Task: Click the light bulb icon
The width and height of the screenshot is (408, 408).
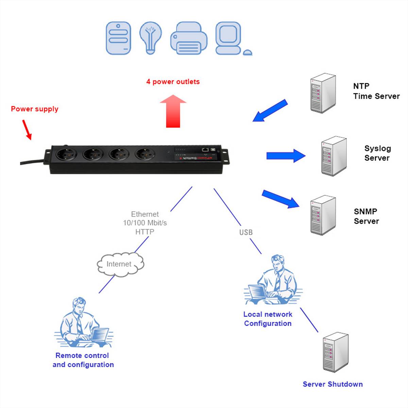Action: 150,37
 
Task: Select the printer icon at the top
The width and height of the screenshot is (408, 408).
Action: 189,38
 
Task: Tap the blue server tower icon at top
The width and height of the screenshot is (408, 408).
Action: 118,38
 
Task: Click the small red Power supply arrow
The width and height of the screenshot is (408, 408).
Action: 27,130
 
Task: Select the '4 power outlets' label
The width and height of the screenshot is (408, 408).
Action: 173,82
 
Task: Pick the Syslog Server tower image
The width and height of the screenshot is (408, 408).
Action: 334,156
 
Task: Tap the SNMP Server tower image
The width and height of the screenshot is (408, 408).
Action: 323,215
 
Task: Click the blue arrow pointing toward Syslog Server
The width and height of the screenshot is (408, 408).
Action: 286,156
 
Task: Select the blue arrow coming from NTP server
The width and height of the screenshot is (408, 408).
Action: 270,111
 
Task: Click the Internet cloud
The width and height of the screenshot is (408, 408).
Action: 120,264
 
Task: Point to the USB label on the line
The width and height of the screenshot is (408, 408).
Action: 246,232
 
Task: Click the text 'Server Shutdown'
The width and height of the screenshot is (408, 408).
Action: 333,384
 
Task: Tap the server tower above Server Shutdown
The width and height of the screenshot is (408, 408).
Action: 335,352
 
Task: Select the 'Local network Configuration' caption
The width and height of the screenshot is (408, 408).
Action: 268,319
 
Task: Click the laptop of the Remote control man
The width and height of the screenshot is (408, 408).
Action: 100,335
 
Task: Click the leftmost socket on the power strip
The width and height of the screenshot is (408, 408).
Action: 66,155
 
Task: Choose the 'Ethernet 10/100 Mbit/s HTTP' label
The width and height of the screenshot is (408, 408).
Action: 145,223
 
